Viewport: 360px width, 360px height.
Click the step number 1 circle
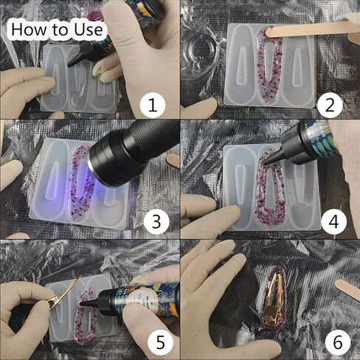point(153,105)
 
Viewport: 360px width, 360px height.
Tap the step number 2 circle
point(330,105)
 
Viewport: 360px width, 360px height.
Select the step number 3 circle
point(156,221)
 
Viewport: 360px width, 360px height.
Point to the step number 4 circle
point(333,221)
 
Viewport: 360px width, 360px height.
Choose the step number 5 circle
point(160,342)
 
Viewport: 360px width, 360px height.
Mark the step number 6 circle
point(337,342)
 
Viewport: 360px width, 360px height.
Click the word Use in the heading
point(89,30)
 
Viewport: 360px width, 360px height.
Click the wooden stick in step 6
point(347,289)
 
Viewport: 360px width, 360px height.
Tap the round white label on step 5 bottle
point(141,299)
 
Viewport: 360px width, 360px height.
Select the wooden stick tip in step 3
point(173,160)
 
